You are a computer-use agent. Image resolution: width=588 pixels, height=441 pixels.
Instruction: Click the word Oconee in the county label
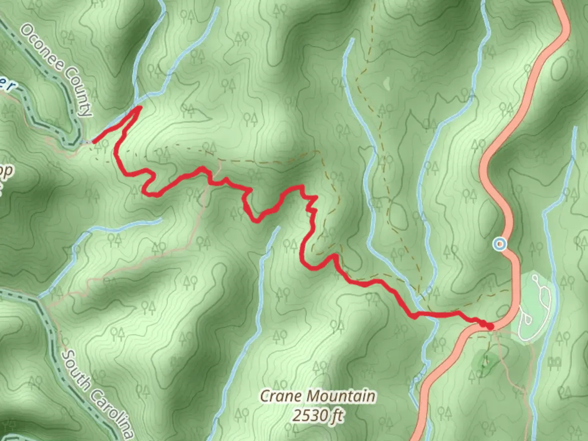[41, 46]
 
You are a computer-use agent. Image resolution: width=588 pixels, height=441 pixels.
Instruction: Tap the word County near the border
[78, 92]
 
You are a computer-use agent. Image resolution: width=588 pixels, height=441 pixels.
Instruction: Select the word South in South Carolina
[77, 370]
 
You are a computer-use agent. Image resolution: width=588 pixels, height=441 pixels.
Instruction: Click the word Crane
[281, 396]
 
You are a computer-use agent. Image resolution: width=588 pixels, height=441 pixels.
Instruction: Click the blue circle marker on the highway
[499, 244]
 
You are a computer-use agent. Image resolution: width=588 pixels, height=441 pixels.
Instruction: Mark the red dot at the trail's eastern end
[490, 326]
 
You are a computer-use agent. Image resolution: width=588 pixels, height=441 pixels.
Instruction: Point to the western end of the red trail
[94, 142]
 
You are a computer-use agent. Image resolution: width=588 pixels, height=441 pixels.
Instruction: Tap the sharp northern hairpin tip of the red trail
[140, 107]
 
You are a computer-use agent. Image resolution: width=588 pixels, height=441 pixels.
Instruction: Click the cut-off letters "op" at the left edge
[6, 171]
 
